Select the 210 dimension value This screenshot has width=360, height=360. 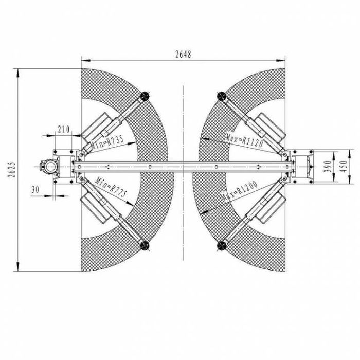(x=64, y=129)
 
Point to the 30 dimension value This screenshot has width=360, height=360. (x=35, y=189)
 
